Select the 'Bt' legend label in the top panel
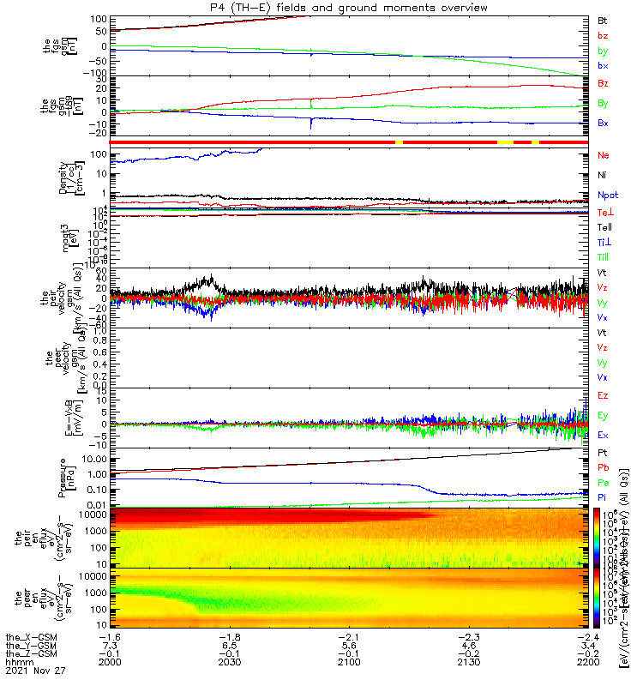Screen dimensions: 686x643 [603, 20]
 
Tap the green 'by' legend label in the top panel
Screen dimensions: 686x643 [603, 51]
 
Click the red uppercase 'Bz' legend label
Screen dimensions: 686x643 [603, 84]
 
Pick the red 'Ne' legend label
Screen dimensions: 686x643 [603, 155]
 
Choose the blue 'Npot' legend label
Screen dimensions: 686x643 [606, 196]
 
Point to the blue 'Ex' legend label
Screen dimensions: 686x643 [603, 436]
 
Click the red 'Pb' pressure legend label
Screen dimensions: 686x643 [603, 467]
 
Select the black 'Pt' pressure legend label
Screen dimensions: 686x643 [603, 452]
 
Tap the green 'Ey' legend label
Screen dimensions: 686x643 [603, 415]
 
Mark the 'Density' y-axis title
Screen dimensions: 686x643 [63, 175]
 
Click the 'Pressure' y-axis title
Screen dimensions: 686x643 [63, 477]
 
